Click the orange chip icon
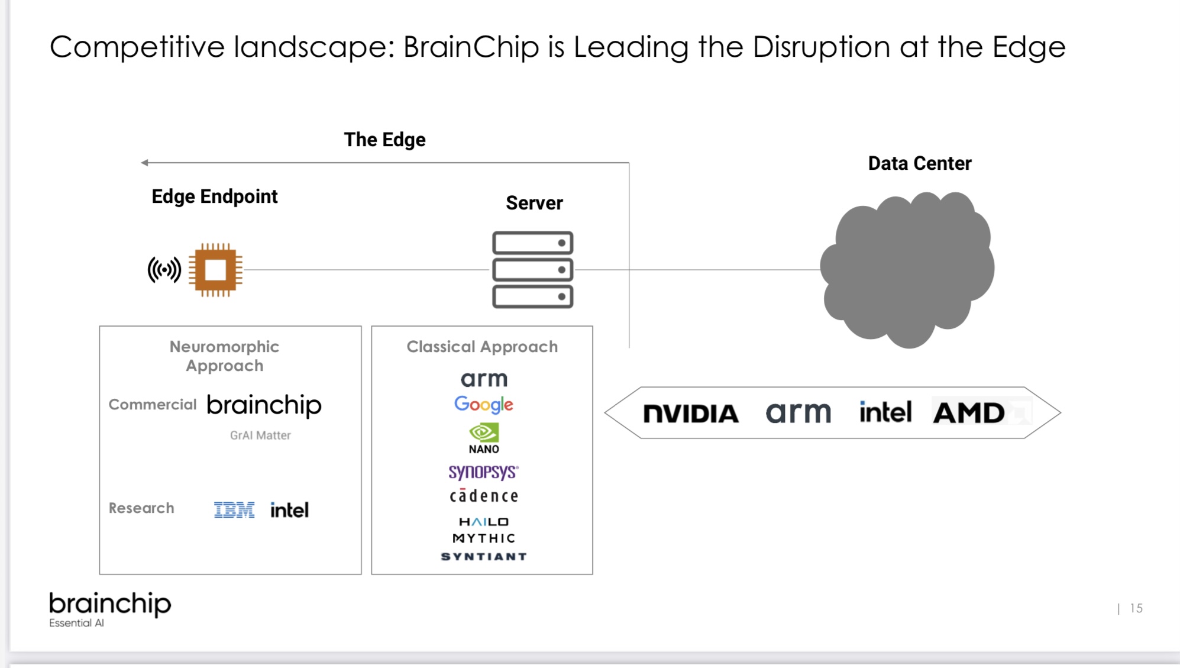pyautogui.click(x=215, y=270)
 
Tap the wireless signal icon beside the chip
pyautogui.click(x=164, y=270)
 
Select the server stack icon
pyautogui.click(x=532, y=270)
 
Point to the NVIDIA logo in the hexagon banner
pyautogui.click(x=691, y=414)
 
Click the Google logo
pyautogui.click(x=483, y=405)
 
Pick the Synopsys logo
pyautogui.click(x=483, y=472)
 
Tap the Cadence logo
pyautogui.click(x=483, y=496)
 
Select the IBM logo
pyautogui.click(x=234, y=509)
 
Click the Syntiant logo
pyautogui.click(x=483, y=557)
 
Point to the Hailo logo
pyautogui.click(x=483, y=522)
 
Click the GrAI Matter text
pyautogui.click(x=260, y=435)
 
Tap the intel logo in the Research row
pyautogui.click(x=289, y=510)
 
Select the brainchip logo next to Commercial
pyautogui.click(x=264, y=405)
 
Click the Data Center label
pyautogui.click(x=919, y=163)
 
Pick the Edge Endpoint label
pyautogui.click(x=214, y=196)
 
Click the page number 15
pyautogui.click(x=1136, y=608)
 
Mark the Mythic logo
pyautogui.click(x=483, y=538)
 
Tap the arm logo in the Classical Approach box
pyautogui.click(x=484, y=379)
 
